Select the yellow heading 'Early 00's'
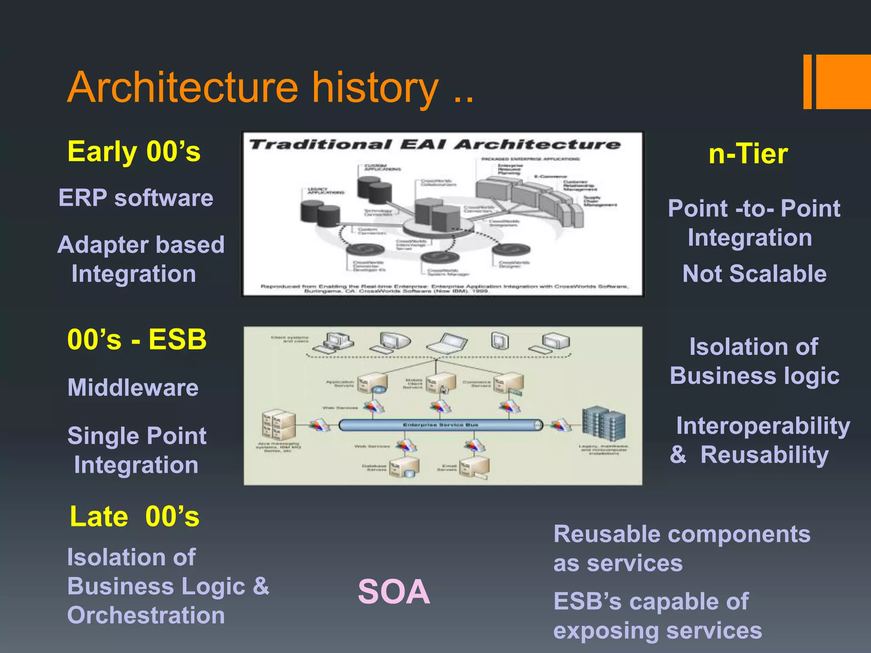pos(134,152)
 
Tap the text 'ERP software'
pos(136,198)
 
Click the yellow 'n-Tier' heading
pos(748,154)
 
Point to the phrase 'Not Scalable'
pos(754,273)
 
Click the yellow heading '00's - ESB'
pos(137,340)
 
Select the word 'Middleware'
pos(133,388)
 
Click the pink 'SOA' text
pos(394,592)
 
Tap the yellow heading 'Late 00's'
pos(134,517)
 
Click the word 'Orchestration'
pos(146,615)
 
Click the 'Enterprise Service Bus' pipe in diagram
pos(440,425)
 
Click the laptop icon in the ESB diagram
pos(447,342)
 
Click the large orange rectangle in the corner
pos(843,82)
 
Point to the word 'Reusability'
pos(764,455)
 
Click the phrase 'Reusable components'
pos(682,534)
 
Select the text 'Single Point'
pos(137,436)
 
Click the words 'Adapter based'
pos(141,245)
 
